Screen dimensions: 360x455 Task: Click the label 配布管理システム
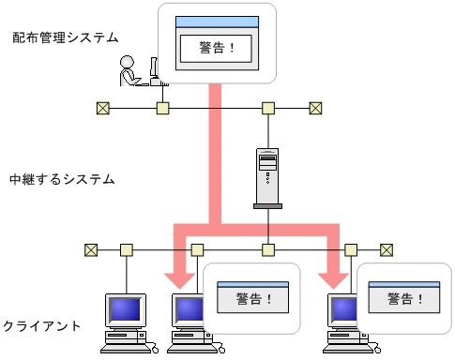click(x=66, y=37)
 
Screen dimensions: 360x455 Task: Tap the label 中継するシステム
click(x=62, y=178)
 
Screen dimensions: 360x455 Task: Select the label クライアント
click(x=41, y=325)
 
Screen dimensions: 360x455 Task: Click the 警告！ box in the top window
click(x=218, y=47)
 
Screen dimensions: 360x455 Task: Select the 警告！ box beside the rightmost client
click(x=403, y=300)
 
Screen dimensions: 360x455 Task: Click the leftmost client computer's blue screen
click(x=124, y=309)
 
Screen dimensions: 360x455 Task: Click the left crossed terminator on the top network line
click(x=102, y=108)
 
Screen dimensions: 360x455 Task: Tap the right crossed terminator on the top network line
click(x=316, y=108)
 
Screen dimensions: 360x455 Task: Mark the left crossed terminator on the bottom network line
click(x=91, y=249)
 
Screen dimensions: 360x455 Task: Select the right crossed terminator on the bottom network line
click(x=387, y=249)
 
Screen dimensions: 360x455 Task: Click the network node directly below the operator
click(x=162, y=108)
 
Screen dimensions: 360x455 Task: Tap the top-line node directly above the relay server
click(x=267, y=108)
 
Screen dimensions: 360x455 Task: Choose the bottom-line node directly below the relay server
click(x=267, y=249)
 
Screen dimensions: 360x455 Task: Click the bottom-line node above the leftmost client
click(x=126, y=249)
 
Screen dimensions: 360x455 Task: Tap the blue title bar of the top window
click(x=218, y=21)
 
